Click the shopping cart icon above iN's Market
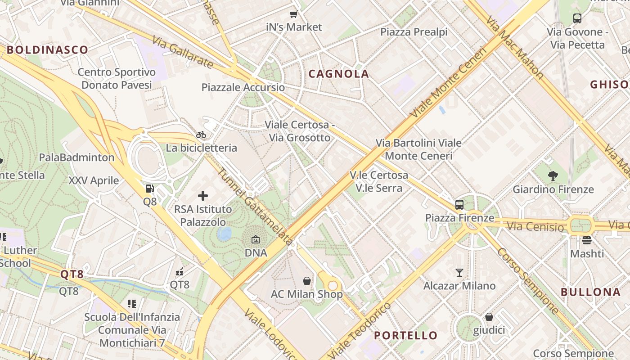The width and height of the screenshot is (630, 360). pos(294,14)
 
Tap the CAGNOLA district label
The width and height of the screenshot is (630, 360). pos(338,74)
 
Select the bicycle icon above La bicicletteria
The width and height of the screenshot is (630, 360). pos(201,135)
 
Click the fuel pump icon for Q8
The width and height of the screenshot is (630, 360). pos(150,189)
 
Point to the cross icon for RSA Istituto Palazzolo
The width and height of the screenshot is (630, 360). pos(203,196)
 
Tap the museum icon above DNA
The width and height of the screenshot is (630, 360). pos(256,239)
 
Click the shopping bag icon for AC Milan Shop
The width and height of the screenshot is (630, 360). pos(307,281)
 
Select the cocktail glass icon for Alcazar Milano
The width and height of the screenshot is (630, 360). pos(459,272)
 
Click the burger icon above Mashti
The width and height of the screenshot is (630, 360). pos(586,240)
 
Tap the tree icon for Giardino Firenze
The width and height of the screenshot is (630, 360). pos(553,176)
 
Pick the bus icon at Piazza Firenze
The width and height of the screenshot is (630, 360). pos(459,205)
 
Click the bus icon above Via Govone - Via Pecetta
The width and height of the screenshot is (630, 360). pos(577,18)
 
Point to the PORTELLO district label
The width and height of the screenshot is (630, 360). pos(405,335)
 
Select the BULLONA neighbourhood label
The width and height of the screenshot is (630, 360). pos(590,292)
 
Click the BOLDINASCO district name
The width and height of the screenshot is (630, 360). pos(47,50)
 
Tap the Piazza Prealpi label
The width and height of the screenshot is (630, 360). pos(414,32)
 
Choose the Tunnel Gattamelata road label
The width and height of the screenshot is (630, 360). pos(254,207)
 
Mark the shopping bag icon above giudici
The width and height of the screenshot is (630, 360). pos(489,317)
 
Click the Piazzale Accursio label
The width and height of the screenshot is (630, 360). pos(243,87)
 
